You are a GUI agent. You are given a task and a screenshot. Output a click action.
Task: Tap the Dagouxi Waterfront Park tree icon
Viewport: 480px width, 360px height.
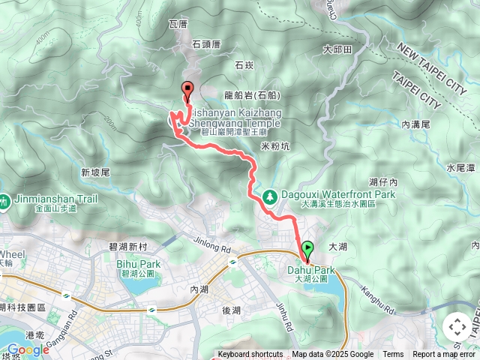(x=268, y=197)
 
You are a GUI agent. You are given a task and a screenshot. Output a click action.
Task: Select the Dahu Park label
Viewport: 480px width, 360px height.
(x=310, y=270)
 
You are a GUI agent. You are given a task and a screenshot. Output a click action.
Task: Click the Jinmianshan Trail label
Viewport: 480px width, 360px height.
(x=45, y=199)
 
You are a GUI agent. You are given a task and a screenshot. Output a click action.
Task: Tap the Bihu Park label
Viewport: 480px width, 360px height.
(x=139, y=264)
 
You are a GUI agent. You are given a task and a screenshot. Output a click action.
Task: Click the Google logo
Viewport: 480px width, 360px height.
(x=28, y=349)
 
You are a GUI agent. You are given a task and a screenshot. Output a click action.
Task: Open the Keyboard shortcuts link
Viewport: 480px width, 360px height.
(x=250, y=355)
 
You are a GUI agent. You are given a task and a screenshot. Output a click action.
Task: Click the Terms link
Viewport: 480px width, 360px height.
(x=393, y=355)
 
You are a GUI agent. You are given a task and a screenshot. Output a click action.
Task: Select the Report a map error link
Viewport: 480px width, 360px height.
(x=445, y=355)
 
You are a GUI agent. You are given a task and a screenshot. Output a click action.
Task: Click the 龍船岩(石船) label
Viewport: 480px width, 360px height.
(x=252, y=95)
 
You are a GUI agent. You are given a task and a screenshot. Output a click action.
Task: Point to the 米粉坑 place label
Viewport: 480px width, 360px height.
(x=275, y=146)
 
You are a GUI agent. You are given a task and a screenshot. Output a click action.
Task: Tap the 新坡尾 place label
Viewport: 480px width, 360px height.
(x=95, y=172)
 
